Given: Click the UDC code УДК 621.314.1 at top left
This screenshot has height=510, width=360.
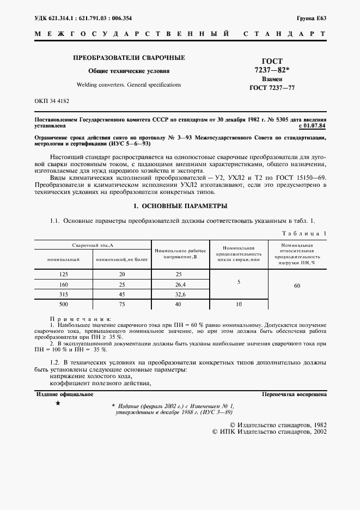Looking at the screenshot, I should click(57, 18).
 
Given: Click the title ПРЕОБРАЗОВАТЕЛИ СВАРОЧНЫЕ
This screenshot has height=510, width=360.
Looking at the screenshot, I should click(129, 58).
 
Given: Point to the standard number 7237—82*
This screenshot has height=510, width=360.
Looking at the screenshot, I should click(272, 70).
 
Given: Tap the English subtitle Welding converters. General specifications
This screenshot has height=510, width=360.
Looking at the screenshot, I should click(129, 85).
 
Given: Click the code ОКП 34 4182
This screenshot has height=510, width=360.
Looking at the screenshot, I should click(52, 101).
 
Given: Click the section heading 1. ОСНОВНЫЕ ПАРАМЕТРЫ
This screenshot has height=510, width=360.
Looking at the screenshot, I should click(180, 206).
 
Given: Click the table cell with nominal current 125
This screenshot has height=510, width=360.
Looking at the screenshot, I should click(63, 275).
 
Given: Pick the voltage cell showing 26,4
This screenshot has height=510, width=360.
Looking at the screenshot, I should click(180, 284).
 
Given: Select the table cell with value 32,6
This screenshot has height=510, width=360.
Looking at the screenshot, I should click(180, 294).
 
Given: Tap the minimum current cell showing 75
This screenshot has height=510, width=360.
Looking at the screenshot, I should click(122, 304).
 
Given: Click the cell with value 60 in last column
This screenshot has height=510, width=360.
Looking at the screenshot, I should click(297, 286).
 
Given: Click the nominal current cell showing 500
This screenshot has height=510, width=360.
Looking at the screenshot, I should click(63, 304).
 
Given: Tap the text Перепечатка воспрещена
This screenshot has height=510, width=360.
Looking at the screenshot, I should click(294, 393).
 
